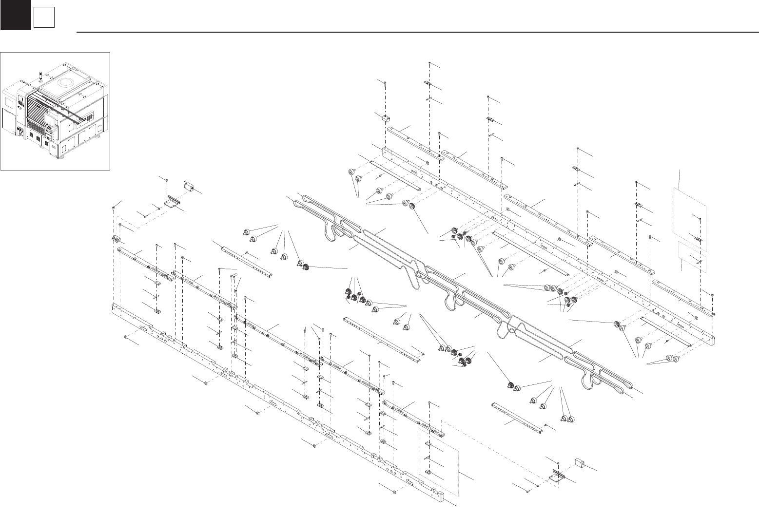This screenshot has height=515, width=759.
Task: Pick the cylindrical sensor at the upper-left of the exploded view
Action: coord(189,187)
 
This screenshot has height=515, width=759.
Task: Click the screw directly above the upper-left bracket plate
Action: coord(167,181)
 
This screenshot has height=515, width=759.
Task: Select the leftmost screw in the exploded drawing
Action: coord(114,208)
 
